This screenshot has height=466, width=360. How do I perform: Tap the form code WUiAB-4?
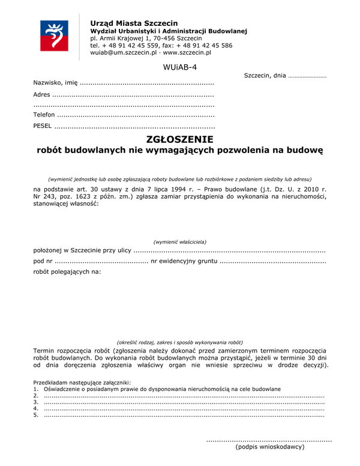[x=179, y=67]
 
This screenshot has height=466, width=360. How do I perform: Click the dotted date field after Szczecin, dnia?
[x=307, y=77]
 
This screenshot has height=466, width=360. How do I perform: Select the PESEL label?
[x=42, y=127]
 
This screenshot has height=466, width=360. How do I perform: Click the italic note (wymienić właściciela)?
[x=179, y=241]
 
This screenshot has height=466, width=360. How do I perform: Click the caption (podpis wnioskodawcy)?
[x=269, y=447]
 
